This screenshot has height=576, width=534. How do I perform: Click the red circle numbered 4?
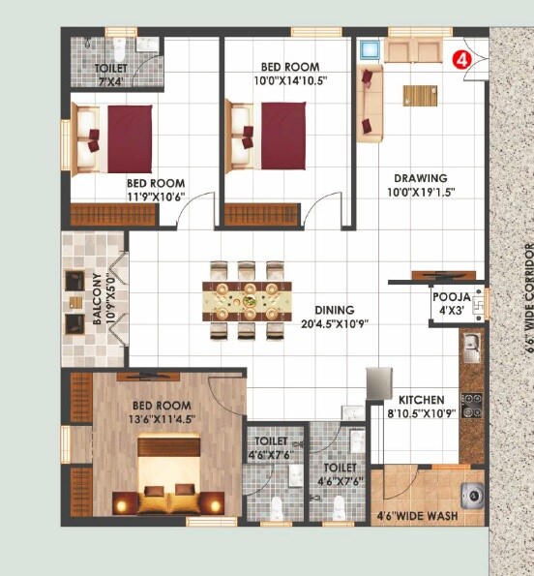462,58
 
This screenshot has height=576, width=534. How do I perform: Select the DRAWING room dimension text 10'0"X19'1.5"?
421,192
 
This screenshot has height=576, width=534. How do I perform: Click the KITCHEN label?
421,400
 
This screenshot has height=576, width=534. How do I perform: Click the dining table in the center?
247,300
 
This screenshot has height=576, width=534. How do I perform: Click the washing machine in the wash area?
472,495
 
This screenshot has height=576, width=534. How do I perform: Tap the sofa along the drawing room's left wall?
370,102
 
